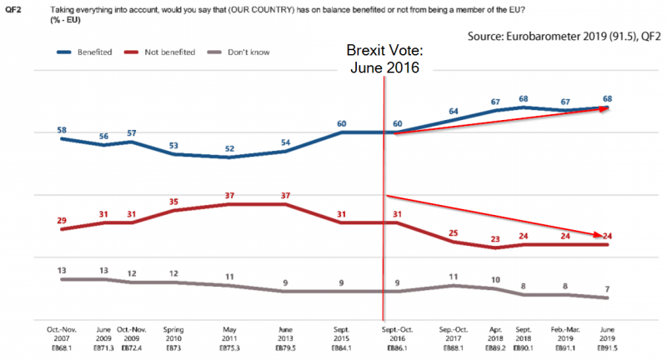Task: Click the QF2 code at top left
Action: point(13,8)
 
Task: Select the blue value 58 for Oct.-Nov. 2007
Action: point(63,131)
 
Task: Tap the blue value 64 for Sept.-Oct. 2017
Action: point(454,111)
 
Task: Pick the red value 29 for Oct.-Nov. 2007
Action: point(63,219)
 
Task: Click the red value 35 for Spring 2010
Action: point(173,201)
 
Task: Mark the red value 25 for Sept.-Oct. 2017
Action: point(454,232)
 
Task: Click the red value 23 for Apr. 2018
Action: point(495,238)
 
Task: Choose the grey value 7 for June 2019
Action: point(607,288)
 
